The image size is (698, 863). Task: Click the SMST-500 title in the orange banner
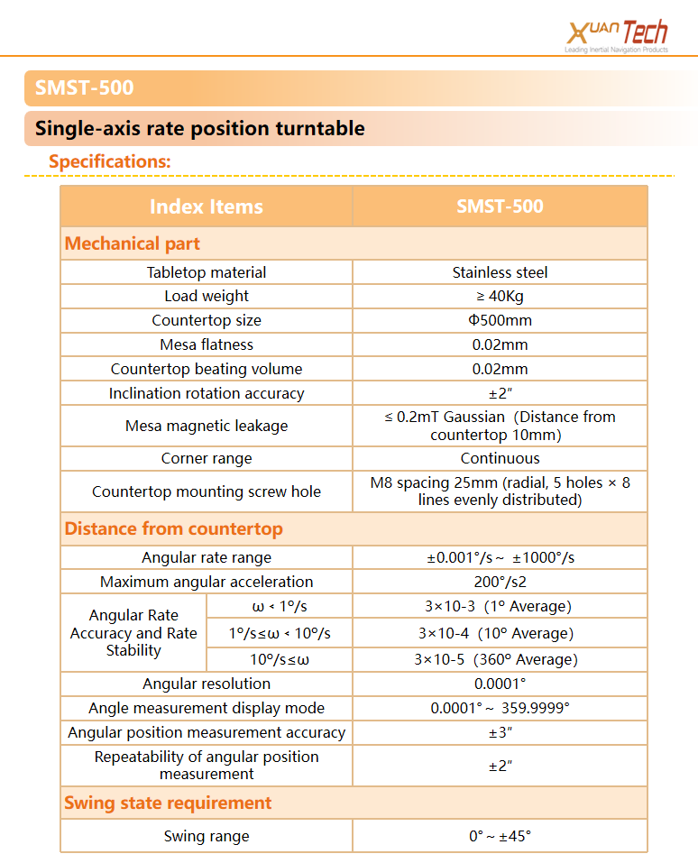tap(84, 87)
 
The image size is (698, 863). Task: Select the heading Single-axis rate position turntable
tap(199, 129)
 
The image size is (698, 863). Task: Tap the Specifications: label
tap(109, 161)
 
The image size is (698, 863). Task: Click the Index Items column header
tap(206, 206)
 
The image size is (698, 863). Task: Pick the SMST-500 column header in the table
tap(500, 206)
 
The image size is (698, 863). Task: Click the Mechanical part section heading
tap(133, 243)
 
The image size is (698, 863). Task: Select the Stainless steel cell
tap(500, 272)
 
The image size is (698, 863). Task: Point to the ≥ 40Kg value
tap(500, 296)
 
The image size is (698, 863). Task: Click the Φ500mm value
tap(500, 320)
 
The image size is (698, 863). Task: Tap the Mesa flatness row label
tap(207, 344)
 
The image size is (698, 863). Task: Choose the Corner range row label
tap(207, 458)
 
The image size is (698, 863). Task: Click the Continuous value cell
tap(500, 458)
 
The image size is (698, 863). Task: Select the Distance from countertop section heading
tap(173, 528)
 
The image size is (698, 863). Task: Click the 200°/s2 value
tap(500, 582)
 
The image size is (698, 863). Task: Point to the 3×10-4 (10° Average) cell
tap(500, 633)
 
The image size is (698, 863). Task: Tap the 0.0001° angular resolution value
tap(500, 684)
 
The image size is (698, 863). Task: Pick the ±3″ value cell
tap(500, 732)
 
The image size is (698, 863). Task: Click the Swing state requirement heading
tap(168, 803)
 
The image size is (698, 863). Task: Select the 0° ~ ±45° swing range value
tap(500, 836)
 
